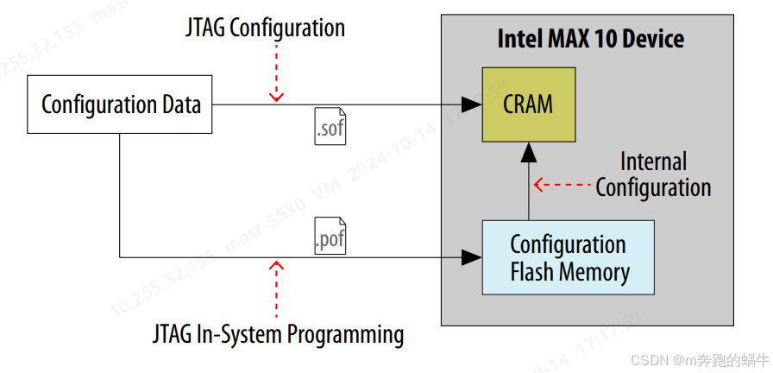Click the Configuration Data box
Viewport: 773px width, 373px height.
pos(120,105)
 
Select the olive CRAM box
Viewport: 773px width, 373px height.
pos(528,104)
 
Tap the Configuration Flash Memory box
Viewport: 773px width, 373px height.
pos(568,257)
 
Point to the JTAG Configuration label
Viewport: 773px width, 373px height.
pos(265,28)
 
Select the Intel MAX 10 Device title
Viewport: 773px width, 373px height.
pos(591,39)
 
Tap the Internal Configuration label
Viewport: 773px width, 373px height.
pos(653,174)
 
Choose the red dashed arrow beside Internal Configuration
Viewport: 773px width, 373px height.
pos(561,184)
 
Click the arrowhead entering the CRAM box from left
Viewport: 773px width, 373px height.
pos(471,104)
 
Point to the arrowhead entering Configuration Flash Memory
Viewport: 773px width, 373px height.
pos(471,256)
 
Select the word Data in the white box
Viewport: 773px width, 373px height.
pos(180,105)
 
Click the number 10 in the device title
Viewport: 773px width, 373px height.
pos(606,39)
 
